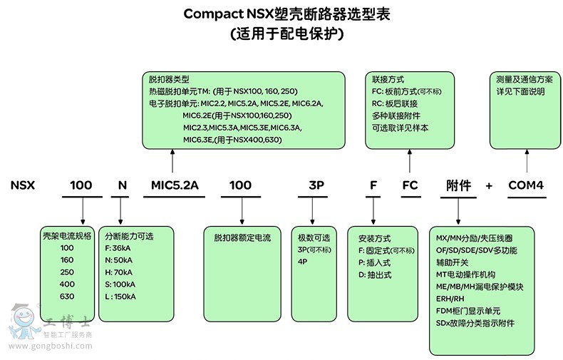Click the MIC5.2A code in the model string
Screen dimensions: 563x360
click(175, 185)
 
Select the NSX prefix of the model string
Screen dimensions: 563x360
click(23, 185)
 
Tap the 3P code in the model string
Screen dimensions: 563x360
click(316, 185)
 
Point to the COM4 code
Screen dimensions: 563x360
click(526, 185)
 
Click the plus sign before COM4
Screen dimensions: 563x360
click(489, 186)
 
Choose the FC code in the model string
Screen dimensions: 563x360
click(410, 185)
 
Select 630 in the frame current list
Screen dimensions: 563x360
click(67, 297)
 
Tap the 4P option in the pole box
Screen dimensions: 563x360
click(302, 262)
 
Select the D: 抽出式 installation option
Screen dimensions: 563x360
click(375, 275)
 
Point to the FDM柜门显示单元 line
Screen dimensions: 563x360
click(468, 311)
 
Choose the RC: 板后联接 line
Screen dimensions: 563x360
click(395, 104)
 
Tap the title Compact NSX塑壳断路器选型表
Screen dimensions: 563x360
click(287, 14)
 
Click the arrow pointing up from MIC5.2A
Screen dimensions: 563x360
click(172, 161)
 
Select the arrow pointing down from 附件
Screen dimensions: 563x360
click(458, 211)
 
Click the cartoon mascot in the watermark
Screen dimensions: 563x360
click(22, 322)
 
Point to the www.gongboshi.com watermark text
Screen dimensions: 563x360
click(51, 346)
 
